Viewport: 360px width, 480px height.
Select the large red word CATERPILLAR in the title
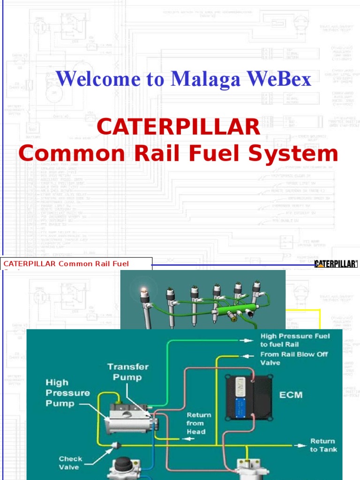(x=178, y=127)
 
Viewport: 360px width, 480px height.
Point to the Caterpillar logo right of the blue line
(x=336, y=264)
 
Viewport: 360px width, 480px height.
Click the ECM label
(x=291, y=395)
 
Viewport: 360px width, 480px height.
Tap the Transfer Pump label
(x=127, y=372)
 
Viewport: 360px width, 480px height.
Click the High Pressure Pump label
(x=61, y=393)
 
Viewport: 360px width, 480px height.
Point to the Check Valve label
(x=70, y=463)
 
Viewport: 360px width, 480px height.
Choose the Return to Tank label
(x=323, y=445)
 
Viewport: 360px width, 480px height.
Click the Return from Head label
(x=199, y=423)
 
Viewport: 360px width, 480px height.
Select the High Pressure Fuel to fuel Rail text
(x=295, y=340)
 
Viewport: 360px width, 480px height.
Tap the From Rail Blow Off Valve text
(x=294, y=359)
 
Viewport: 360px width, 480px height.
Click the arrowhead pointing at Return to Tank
(x=300, y=445)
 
